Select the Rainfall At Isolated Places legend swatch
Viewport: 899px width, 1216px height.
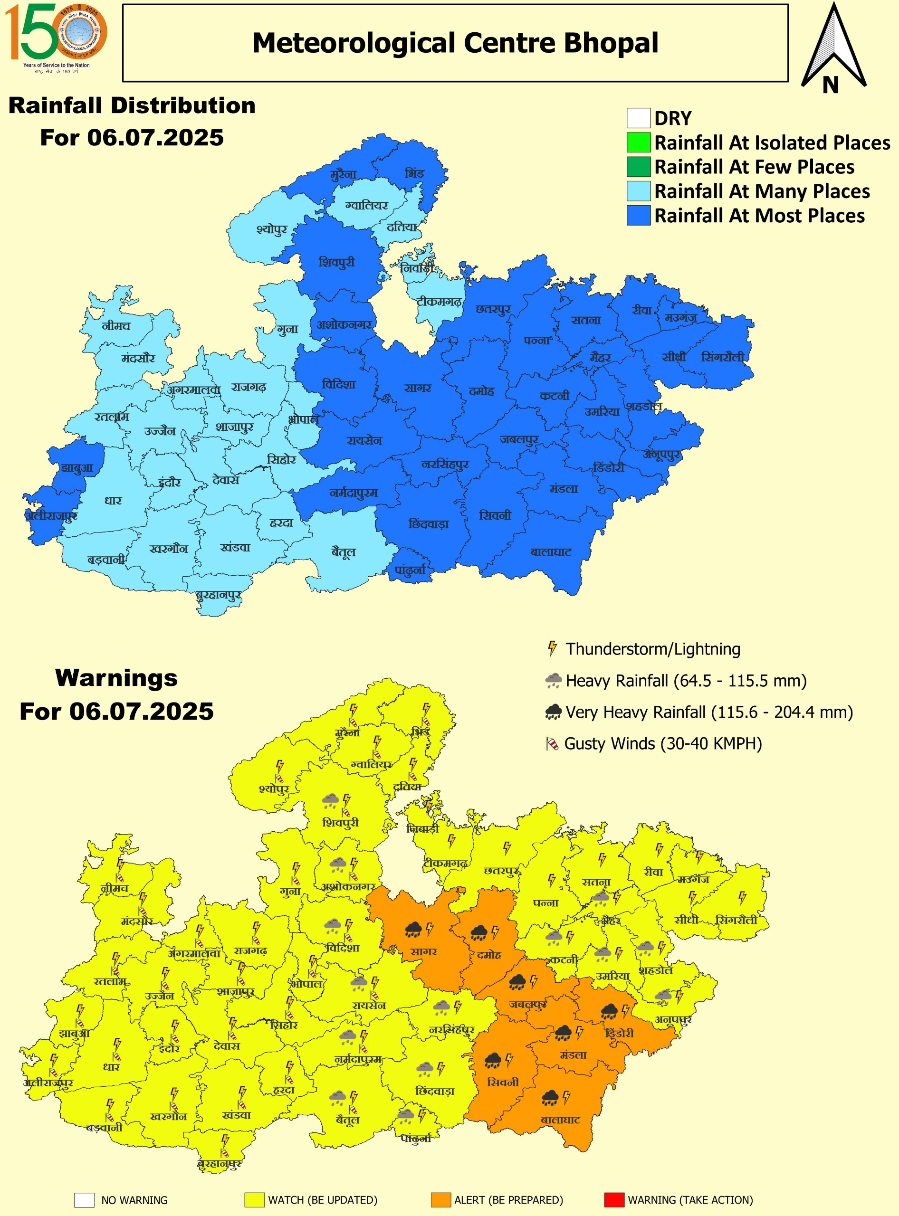click(x=638, y=142)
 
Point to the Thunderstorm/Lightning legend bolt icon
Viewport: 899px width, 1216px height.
click(x=552, y=648)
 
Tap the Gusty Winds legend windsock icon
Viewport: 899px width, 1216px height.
click(x=552, y=744)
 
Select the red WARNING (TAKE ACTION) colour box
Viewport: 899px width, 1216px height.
click(x=614, y=1200)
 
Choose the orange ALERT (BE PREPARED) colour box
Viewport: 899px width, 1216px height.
click(x=440, y=1200)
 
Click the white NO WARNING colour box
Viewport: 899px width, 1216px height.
click(x=85, y=1200)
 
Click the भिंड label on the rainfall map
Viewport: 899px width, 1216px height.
click(x=414, y=173)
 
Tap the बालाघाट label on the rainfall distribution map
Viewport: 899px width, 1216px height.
click(x=551, y=552)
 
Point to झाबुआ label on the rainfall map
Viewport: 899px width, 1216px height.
click(x=77, y=468)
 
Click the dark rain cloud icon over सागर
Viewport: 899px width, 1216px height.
click(x=413, y=930)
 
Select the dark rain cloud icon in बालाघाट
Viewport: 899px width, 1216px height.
click(x=550, y=1098)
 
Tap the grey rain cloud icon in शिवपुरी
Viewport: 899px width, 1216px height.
click(x=330, y=800)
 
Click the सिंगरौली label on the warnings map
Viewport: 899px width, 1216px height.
click(x=736, y=920)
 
